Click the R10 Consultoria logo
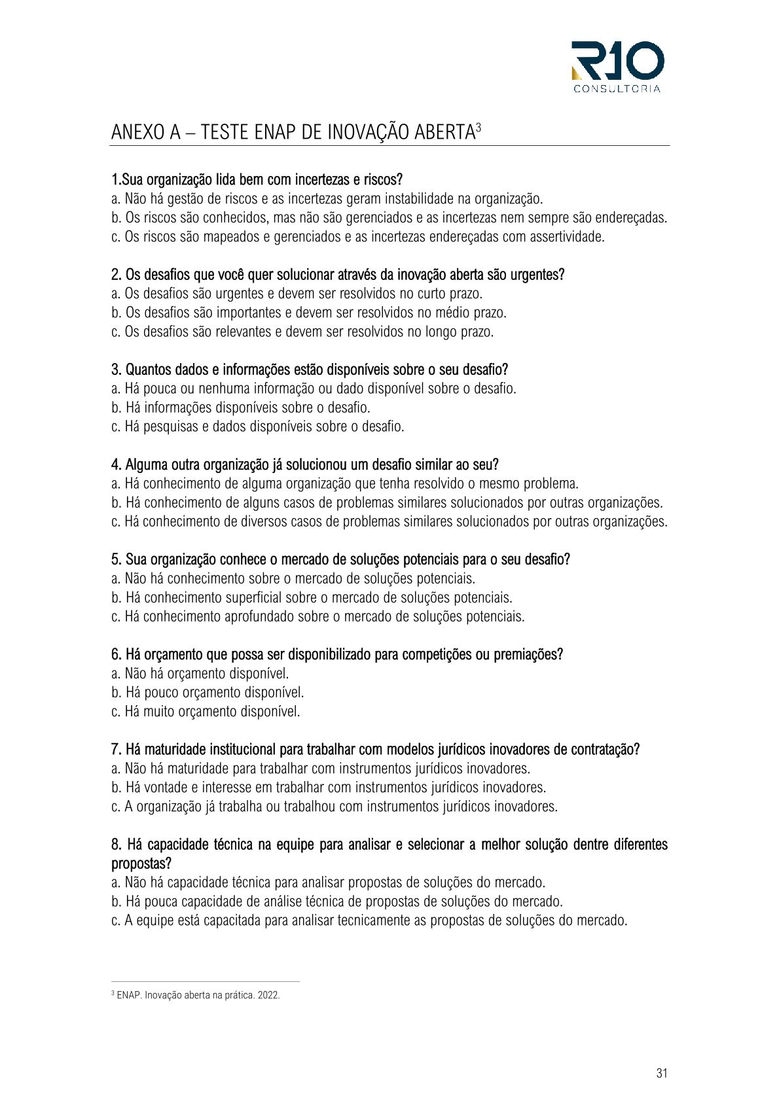[x=617, y=66]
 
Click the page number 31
[x=662, y=1073]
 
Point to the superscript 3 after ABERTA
[x=479, y=126]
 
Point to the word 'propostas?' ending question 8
[x=141, y=864]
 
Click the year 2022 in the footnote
[x=270, y=995]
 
